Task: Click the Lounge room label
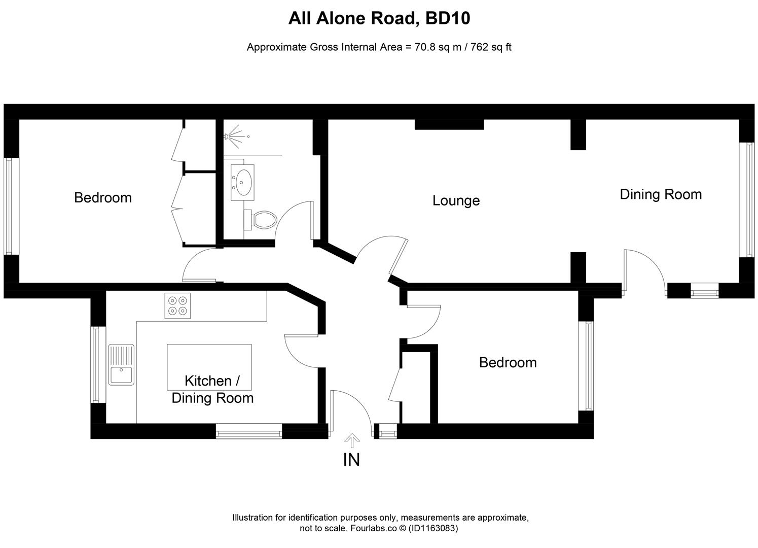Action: click(x=456, y=200)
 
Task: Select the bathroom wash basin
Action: click(x=244, y=180)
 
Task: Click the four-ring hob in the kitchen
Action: click(x=177, y=305)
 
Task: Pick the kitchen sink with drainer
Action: click(x=121, y=364)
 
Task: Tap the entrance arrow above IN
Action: click(x=351, y=440)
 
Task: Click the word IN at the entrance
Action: click(x=351, y=460)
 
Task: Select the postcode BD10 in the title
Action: click(x=448, y=18)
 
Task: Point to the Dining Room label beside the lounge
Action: click(x=661, y=194)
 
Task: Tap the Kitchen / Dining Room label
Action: click(x=212, y=389)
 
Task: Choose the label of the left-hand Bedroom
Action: click(x=103, y=197)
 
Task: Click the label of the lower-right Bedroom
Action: click(x=508, y=362)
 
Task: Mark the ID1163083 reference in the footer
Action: click(x=434, y=528)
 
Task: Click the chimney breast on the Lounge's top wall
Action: click(x=449, y=124)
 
